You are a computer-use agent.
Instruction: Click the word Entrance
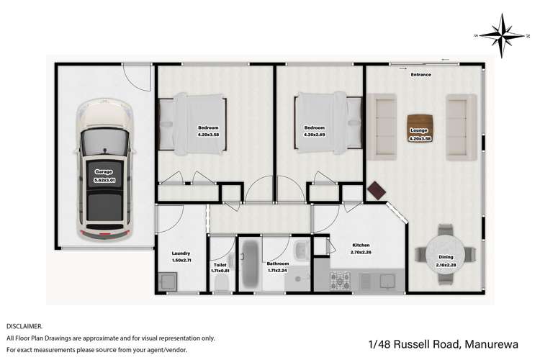pos(420,74)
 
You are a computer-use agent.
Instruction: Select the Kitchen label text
pos(360,244)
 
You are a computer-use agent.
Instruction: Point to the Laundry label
pos(181,253)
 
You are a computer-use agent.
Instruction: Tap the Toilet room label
pos(220,264)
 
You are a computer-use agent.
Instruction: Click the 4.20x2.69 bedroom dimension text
pos(315,135)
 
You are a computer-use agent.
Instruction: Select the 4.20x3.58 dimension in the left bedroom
pos(208,135)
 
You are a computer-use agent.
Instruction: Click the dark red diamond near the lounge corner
pos(377,190)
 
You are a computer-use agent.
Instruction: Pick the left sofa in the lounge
pos(382,127)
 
